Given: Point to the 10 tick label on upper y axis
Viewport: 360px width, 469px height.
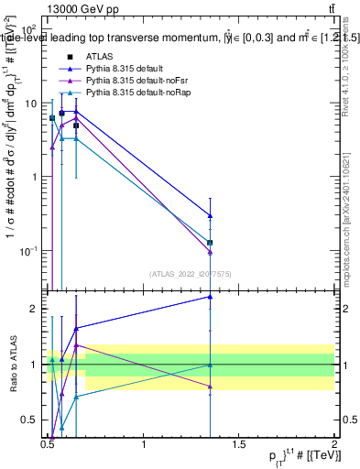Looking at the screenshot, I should point(31,104).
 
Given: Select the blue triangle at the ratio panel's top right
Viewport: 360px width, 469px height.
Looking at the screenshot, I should point(211,296).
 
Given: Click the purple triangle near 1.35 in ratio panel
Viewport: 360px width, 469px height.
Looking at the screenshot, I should point(211,387).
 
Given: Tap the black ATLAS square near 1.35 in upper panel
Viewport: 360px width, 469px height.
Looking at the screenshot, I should point(211,243).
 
